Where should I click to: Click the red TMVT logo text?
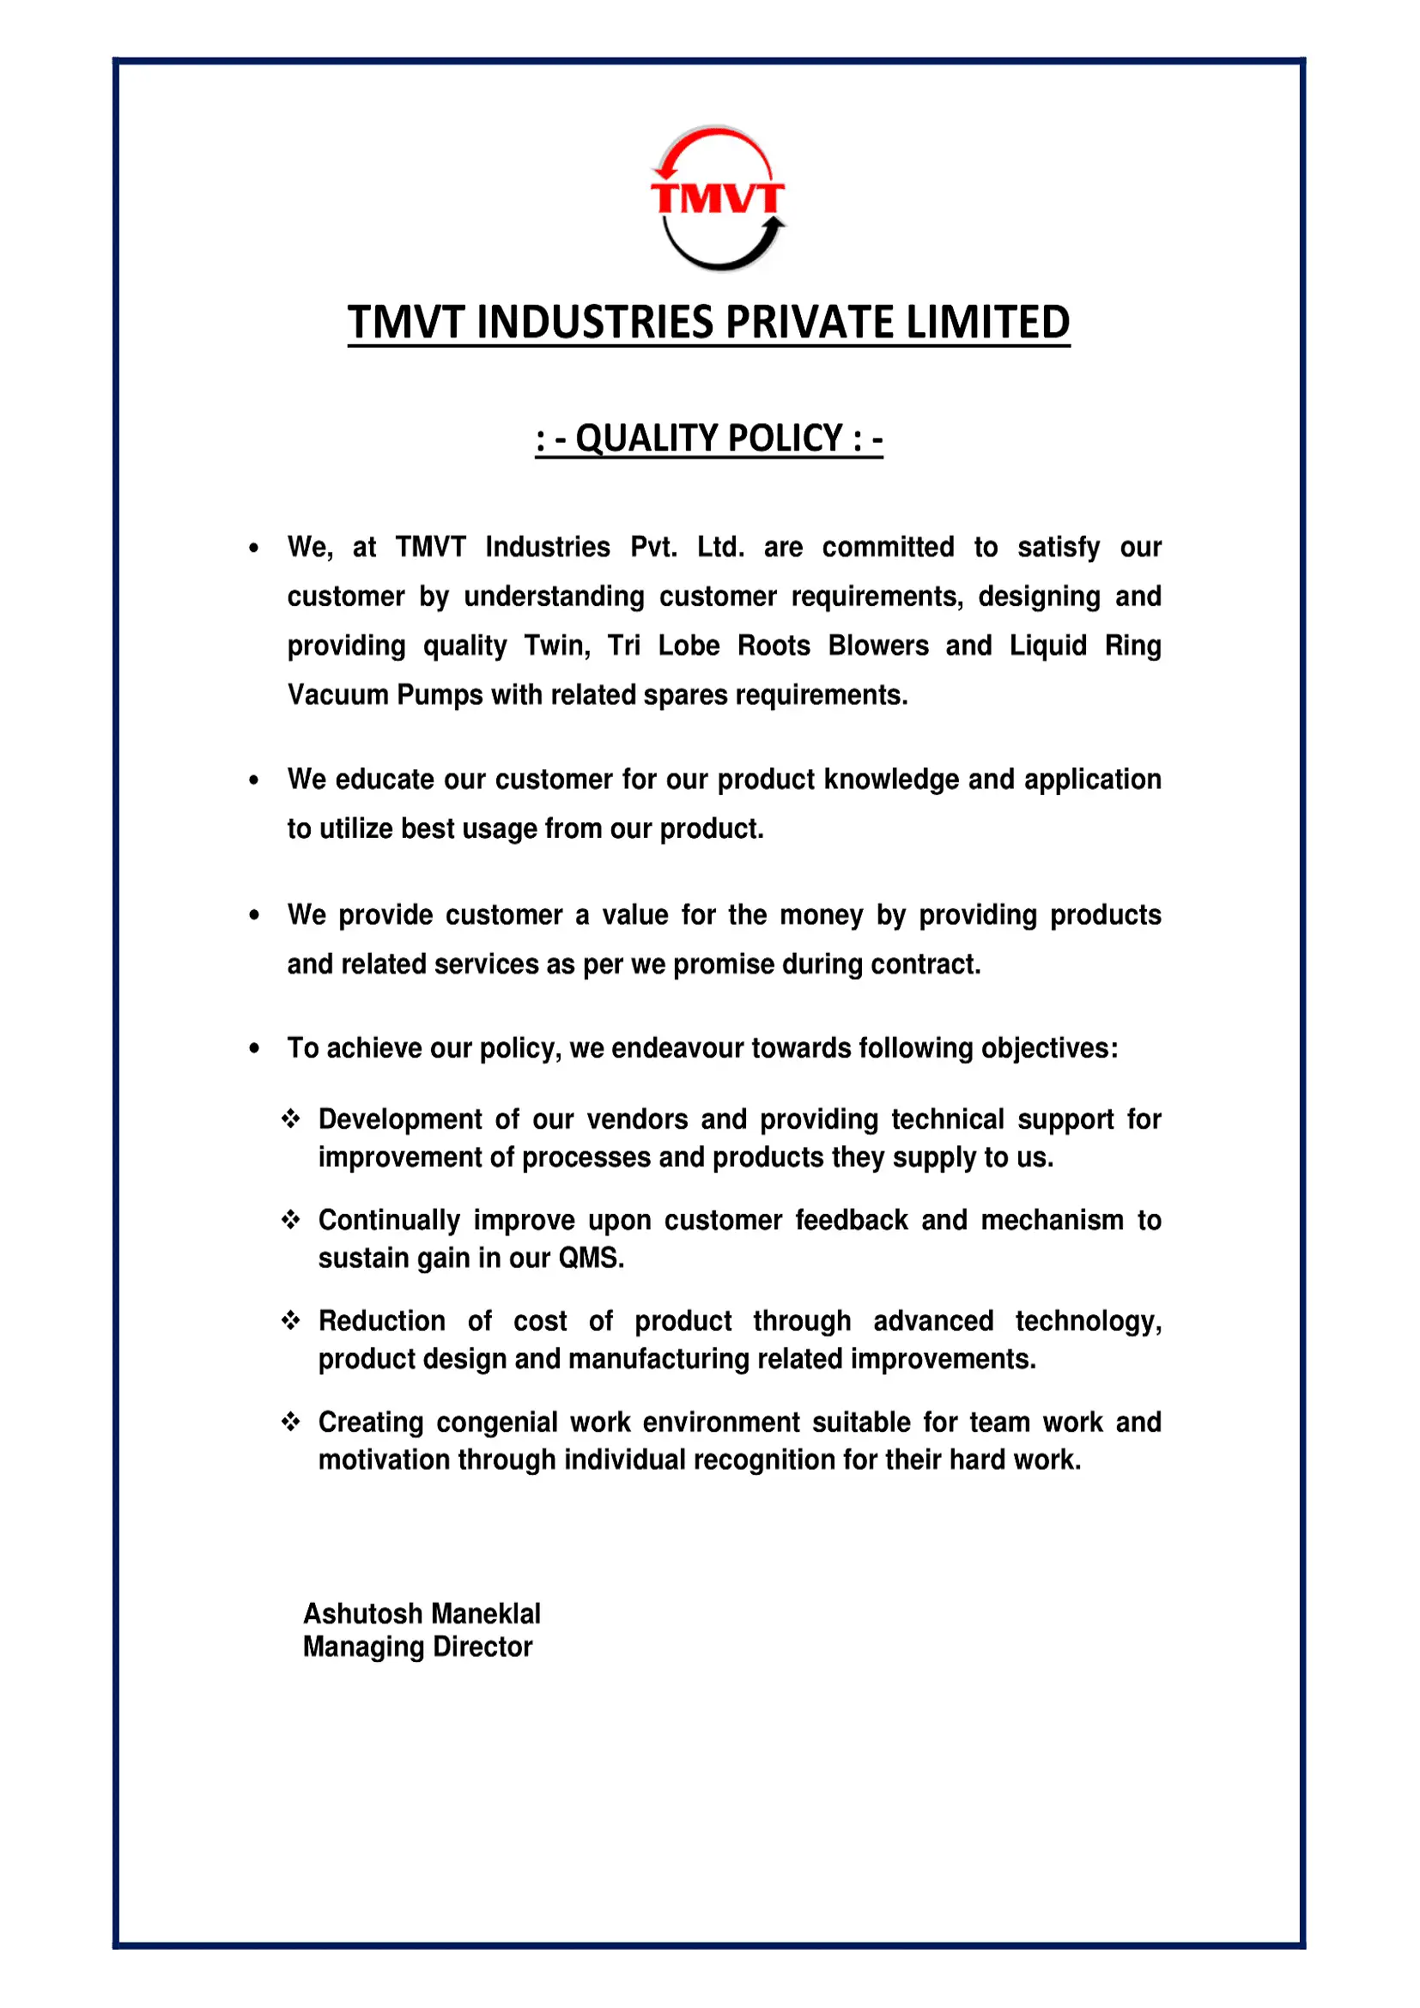pos(717,197)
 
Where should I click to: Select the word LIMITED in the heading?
pos(987,322)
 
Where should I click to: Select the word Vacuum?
pos(338,695)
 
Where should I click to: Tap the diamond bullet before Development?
pos(291,1119)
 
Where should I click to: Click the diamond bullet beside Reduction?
pos(291,1319)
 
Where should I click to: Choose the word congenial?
pos(496,1421)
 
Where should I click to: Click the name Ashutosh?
pos(362,1614)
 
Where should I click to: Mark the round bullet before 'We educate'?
pos(253,780)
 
